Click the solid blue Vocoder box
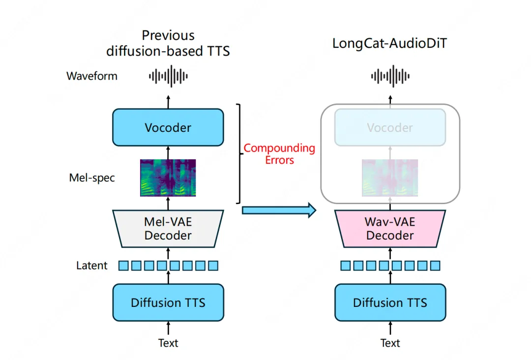(x=168, y=127)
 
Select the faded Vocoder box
(x=390, y=127)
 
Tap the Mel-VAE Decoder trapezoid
(x=168, y=229)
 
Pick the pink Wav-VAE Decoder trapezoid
(x=390, y=229)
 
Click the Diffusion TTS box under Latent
(x=168, y=302)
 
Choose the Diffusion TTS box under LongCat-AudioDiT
(x=390, y=302)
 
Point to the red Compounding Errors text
(x=279, y=153)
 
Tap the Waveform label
(x=92, y=76)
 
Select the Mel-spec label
(x=92, y=178)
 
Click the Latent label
(x=91, y=266)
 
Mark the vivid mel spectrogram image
(x=168, y=178)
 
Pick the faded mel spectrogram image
(x=390, y=178)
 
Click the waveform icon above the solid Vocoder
(x=168, y=76)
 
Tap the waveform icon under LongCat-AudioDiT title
(x=390, y=76)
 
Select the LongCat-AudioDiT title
(x=390, y=43)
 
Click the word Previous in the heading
(x=168, y=35)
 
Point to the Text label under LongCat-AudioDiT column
(x=390, y=343)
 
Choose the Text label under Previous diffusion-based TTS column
(x=168, y=343)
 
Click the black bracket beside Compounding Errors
(x=240, y=153)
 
